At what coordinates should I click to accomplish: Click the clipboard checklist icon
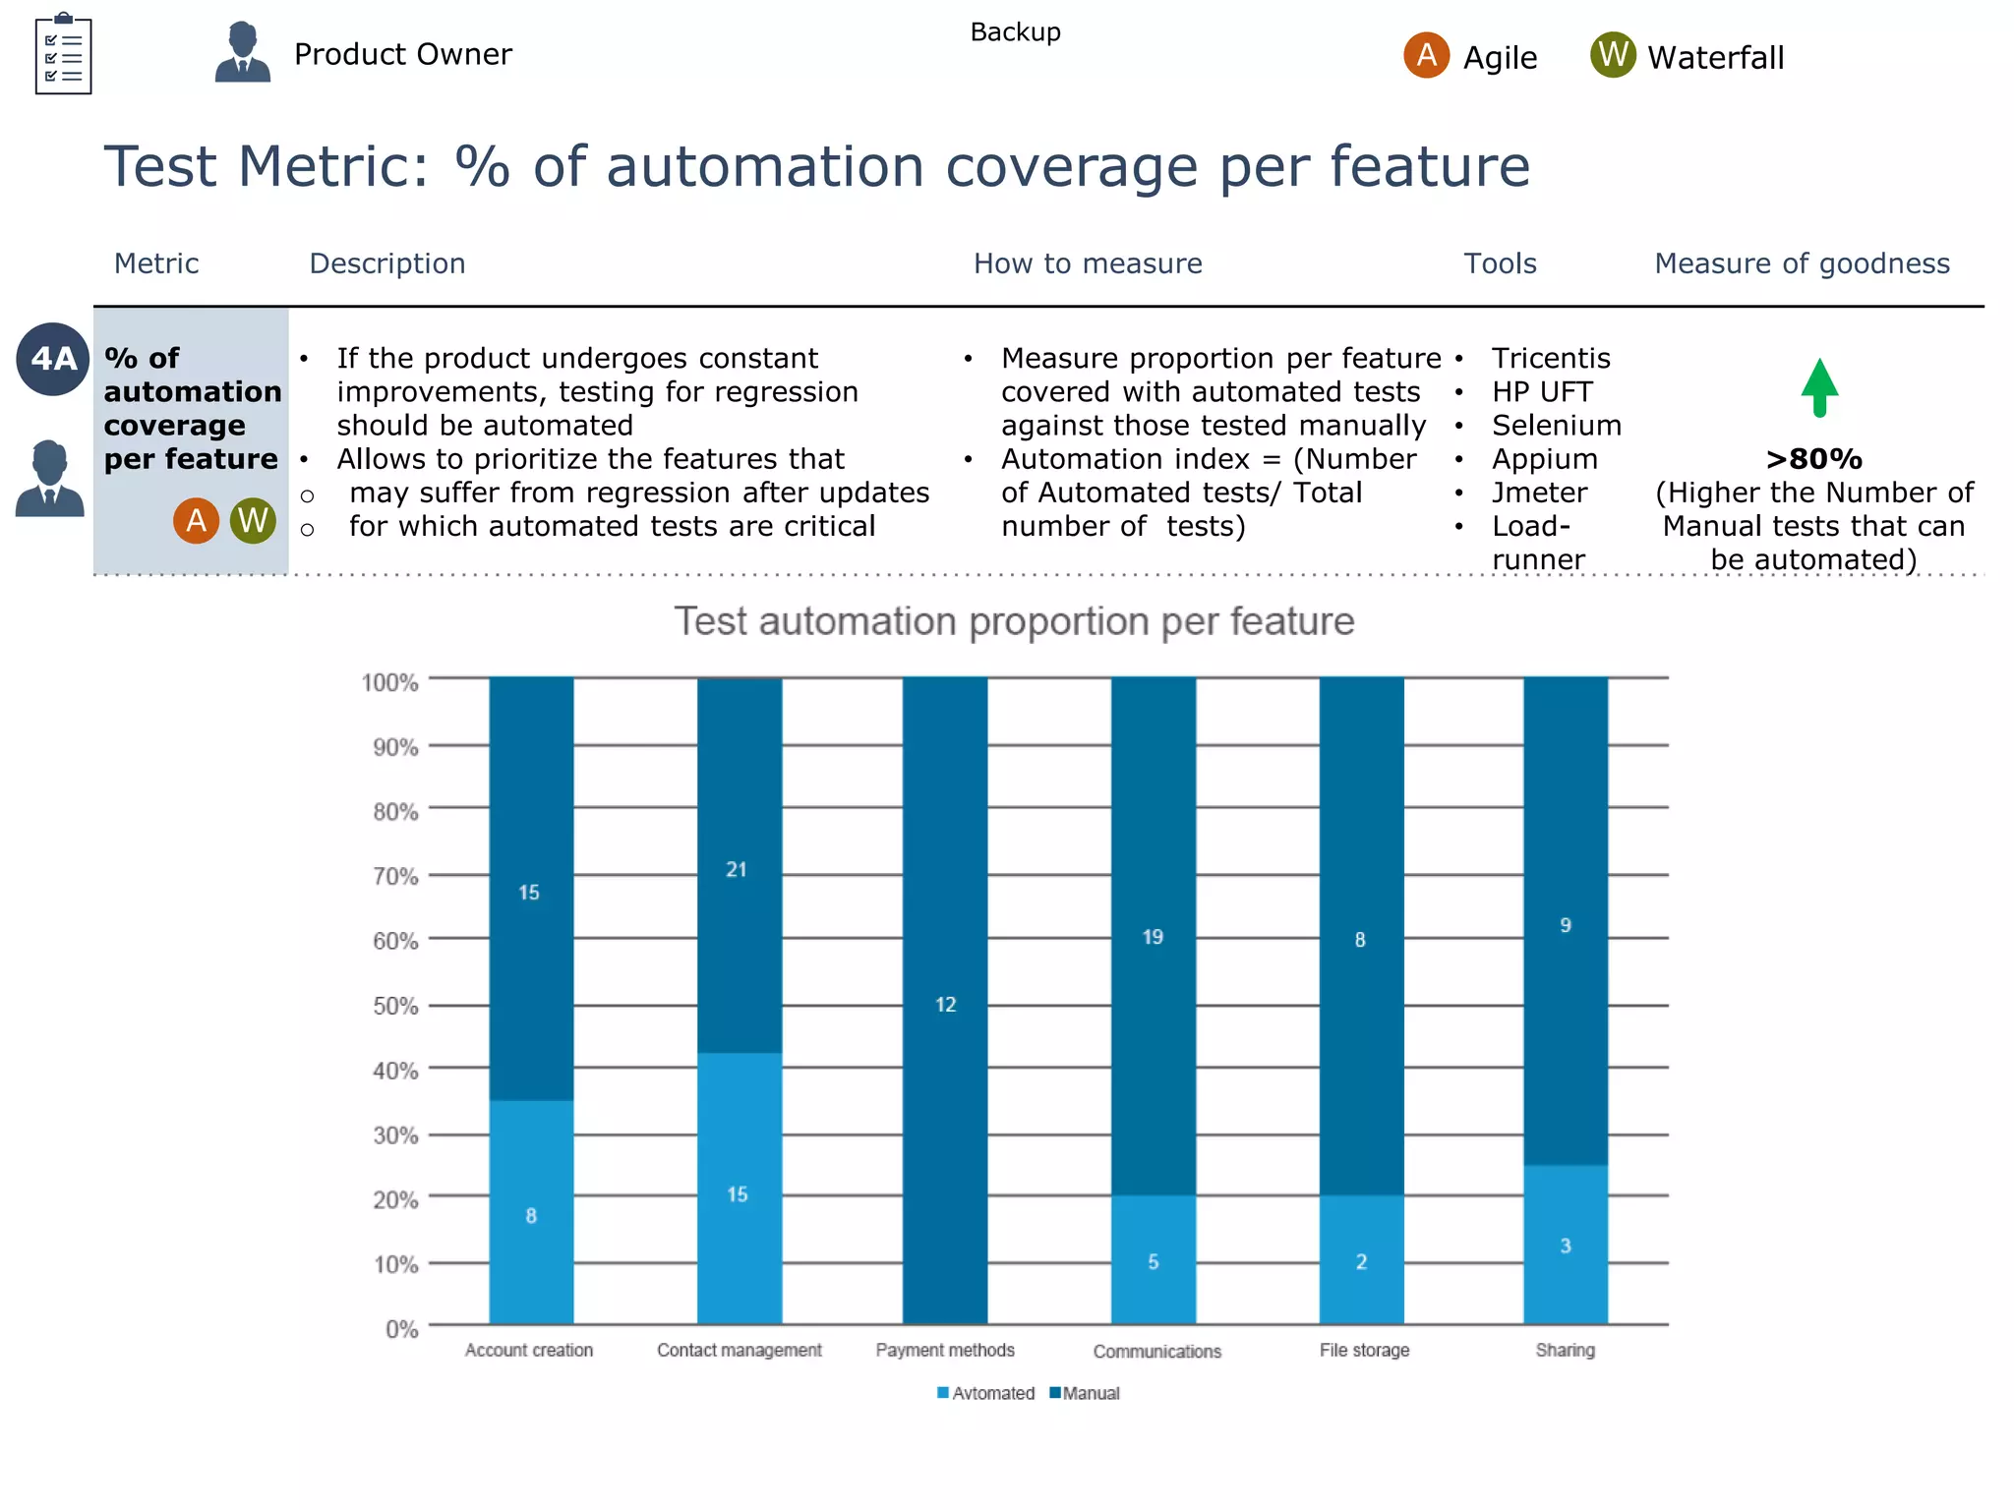[x=63, y=54]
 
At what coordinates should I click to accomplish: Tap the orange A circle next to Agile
[x=1426, y=55]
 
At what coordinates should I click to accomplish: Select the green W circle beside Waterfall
[x=1613, y=55]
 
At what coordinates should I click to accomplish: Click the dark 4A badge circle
[x=53, y=359]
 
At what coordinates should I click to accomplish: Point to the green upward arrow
[x=1819, y=386]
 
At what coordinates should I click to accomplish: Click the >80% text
[x=1813, y=459]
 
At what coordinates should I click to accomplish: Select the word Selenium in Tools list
[x=1556, y=426]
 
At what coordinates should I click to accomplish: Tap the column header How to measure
[x=1088, y=263]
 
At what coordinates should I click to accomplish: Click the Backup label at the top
[x=1015, y=32]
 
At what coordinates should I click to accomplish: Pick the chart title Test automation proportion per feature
[x=1014, y=621]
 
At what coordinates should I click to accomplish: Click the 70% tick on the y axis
[x=395, y=876]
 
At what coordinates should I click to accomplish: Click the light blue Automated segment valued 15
[x=739, y=1190]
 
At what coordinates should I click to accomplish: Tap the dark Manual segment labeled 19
[x=1153, y=936]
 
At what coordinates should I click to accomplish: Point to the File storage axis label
[x=1364, y=1350]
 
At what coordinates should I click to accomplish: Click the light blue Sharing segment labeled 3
[x=1566, y=1245]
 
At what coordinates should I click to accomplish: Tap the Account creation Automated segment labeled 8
[x=531, y=1213]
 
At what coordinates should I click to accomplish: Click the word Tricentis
[x=1551, y=359]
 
